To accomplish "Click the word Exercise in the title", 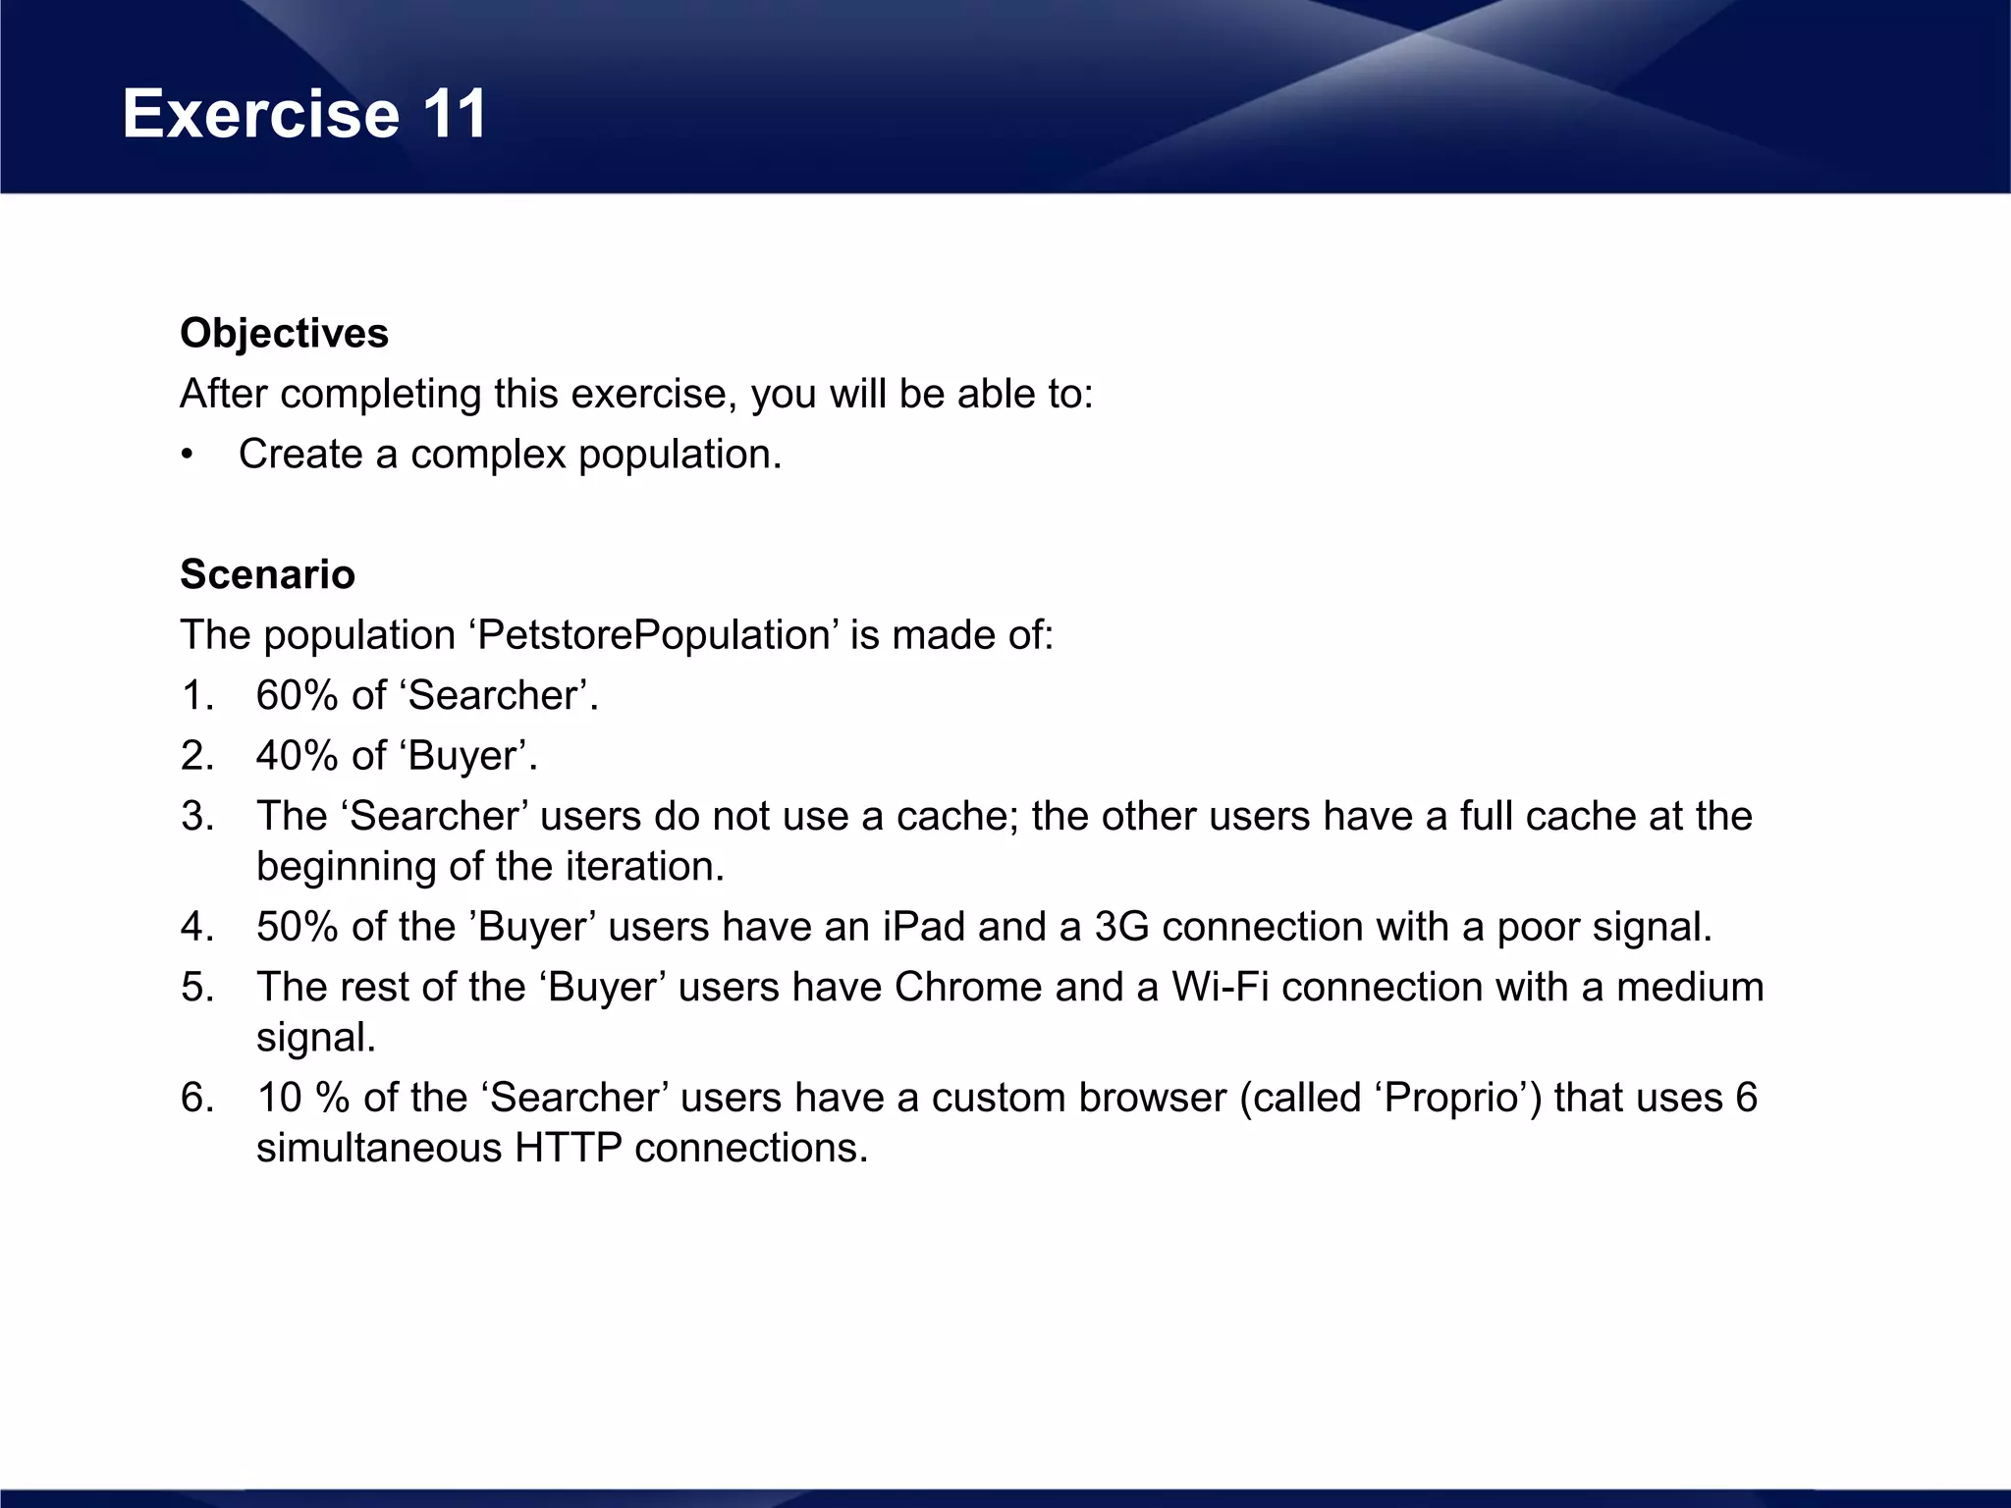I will [260, 114].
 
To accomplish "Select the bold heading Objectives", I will [284, 334].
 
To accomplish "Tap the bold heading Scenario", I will [267, 574].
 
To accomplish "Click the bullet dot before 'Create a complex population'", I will [188, 456].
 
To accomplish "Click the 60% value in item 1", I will [297, 696].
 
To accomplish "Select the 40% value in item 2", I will [297, 756].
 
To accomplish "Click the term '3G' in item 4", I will [1121, 927].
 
